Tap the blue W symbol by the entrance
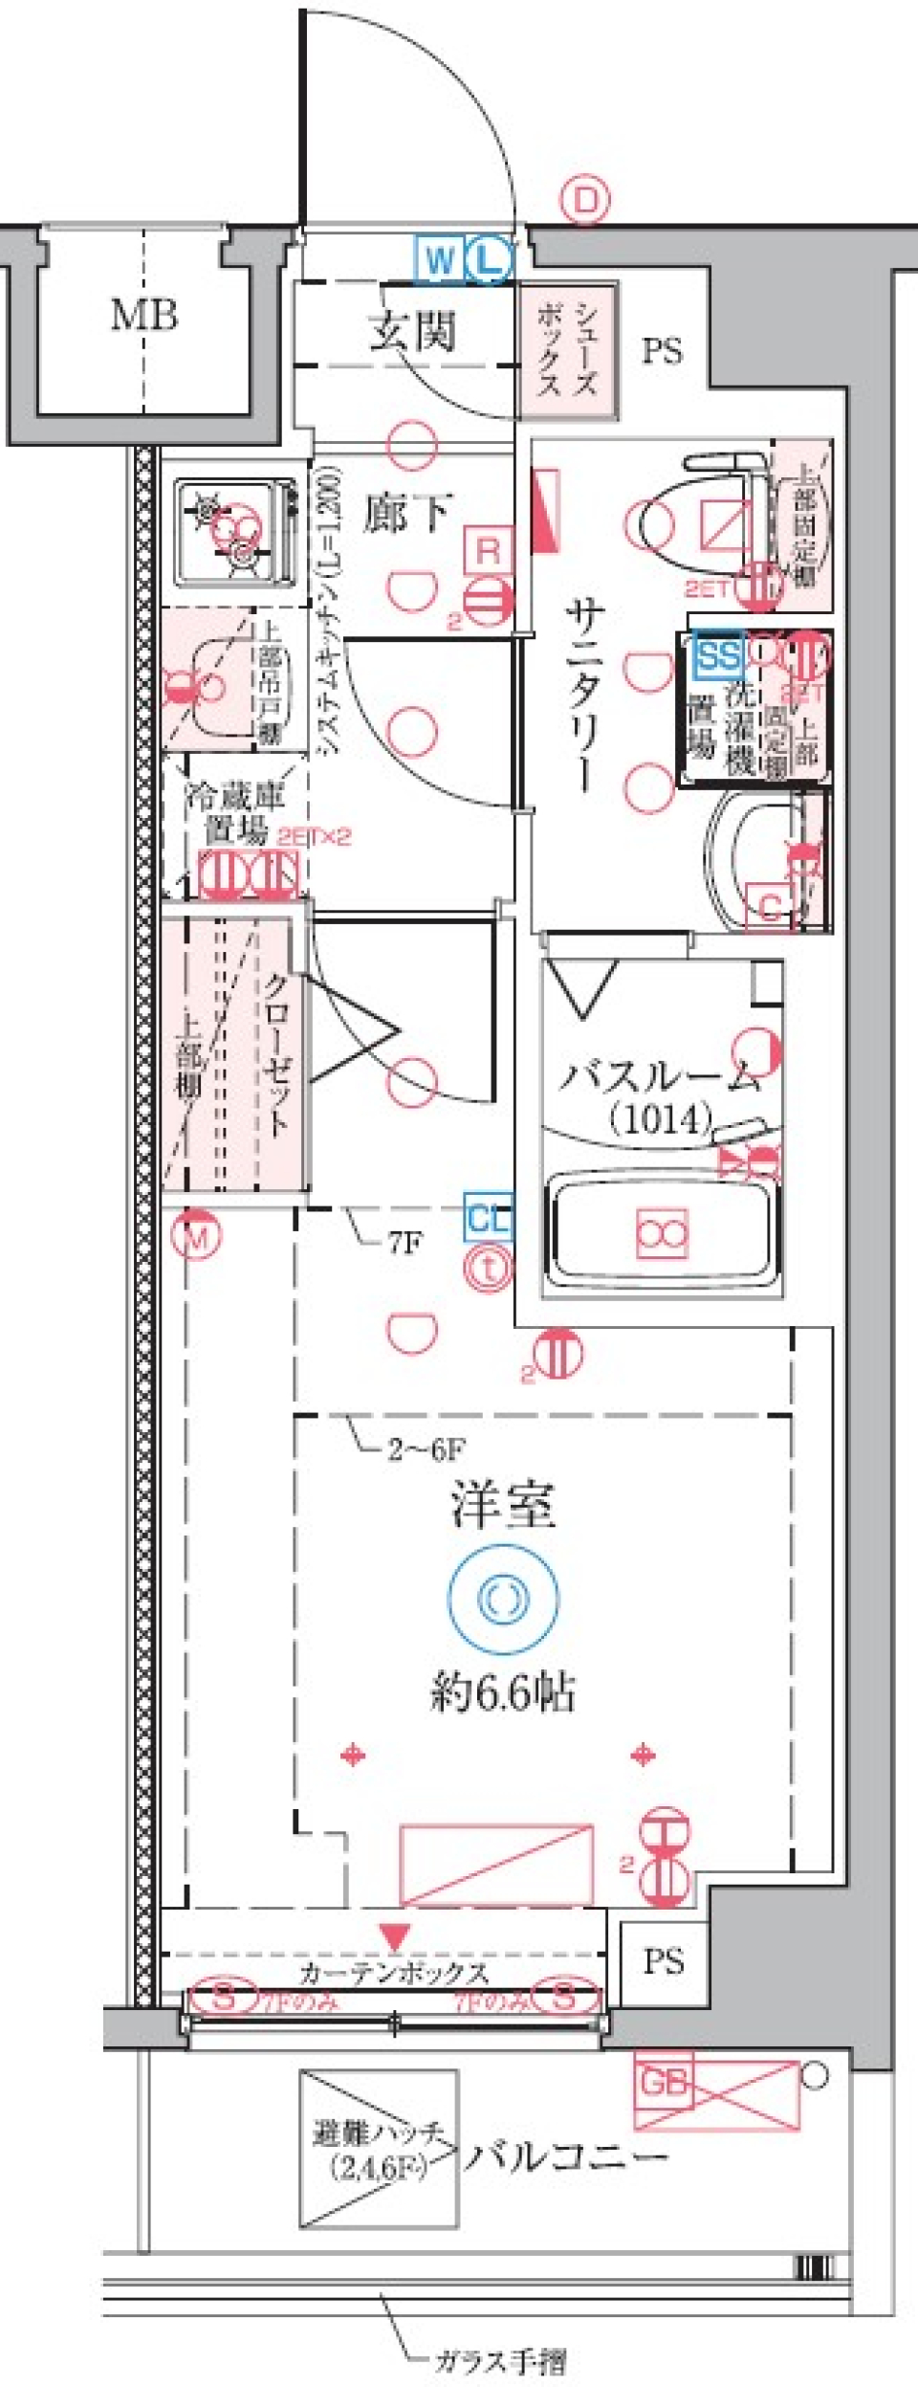click(x=440, y=258)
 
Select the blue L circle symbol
click(x=490, y=259)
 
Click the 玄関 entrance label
click(x=413, y=331)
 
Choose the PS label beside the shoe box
click(x=662, y=351)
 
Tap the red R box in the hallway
click(x=488, y=551)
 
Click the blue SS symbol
click(x=719, y=656)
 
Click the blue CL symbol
click(x=489, y=1218)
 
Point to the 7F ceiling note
click(x=404, y=1243)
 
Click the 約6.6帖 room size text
click(x=503, y=1693)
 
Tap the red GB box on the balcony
click(x=664, y=2082)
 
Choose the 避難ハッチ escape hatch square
click(x=379, y=2148)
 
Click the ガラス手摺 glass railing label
click(x=500, y=2362)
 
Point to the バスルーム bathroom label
click(x=660, y=1078)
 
